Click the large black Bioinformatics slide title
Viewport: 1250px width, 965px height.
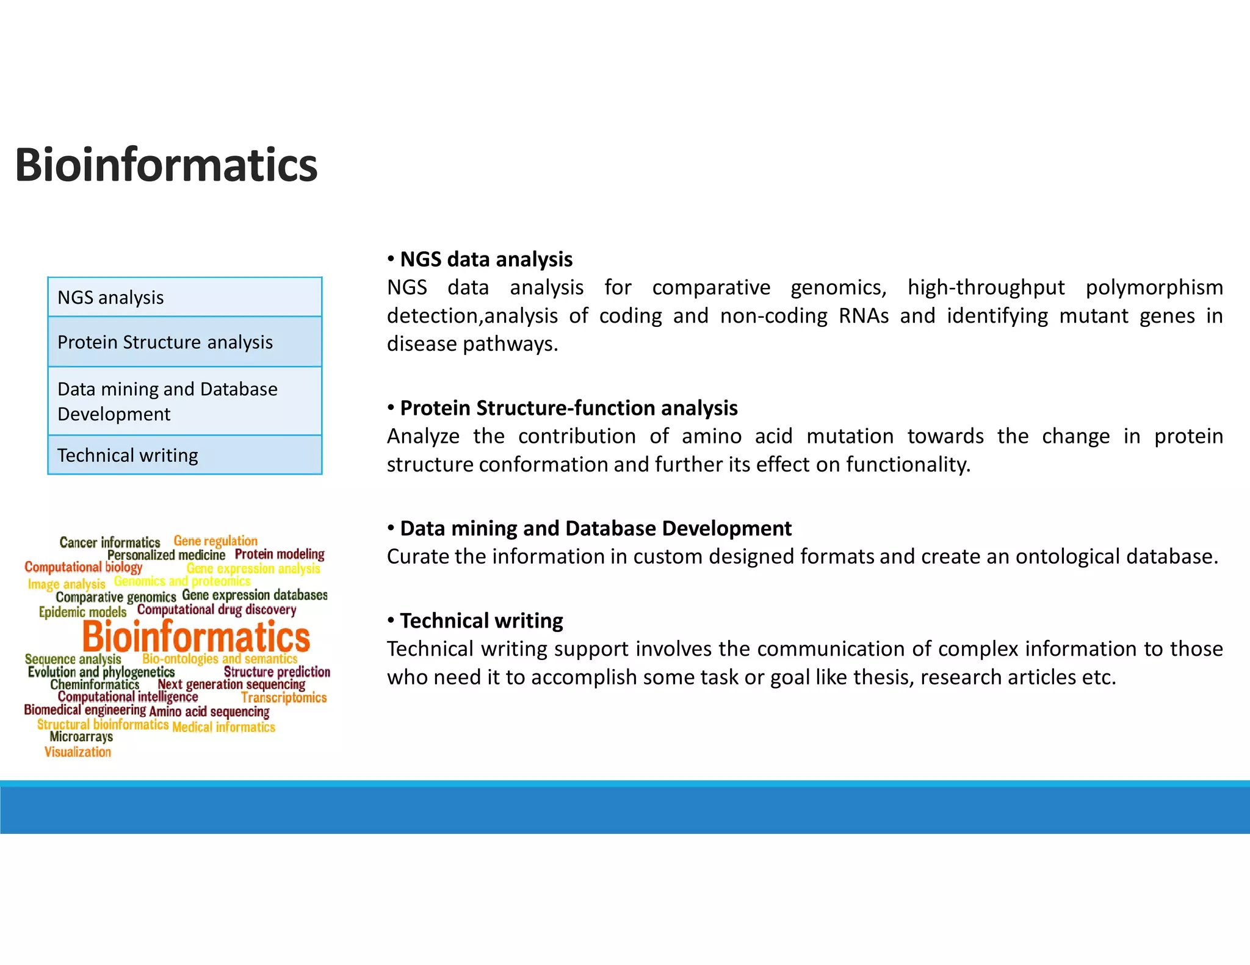(x=166, y=165)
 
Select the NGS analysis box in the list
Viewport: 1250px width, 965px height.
(x=184, y=297)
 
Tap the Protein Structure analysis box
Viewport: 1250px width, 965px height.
(x=184, y=342)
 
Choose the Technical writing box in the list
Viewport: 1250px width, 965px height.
(x=184, y=455)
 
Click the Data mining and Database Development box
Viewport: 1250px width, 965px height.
(x=184, y=401)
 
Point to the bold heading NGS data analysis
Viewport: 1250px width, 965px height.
(x=486, y=259)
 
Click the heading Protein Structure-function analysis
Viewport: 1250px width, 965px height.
(x=568, y=407)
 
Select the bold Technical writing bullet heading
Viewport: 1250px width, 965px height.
(x=481, y=620)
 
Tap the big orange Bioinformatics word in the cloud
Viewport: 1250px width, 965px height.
(x=196, y=637)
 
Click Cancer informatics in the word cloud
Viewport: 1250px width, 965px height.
(x=110, y=542)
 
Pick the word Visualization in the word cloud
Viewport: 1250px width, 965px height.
(x=78, y=752)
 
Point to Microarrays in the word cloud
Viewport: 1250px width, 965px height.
(x=81, y=737)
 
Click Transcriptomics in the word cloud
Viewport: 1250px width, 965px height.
(x=284, y=697)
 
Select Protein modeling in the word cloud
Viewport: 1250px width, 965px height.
(x=280, y=554)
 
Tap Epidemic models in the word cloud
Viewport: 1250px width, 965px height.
(x=82, y=612)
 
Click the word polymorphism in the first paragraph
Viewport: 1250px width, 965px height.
(x=1154, y=287)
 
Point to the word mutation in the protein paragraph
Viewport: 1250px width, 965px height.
(x=850, y=436)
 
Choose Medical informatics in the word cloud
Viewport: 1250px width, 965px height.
(x=223, y=727)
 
